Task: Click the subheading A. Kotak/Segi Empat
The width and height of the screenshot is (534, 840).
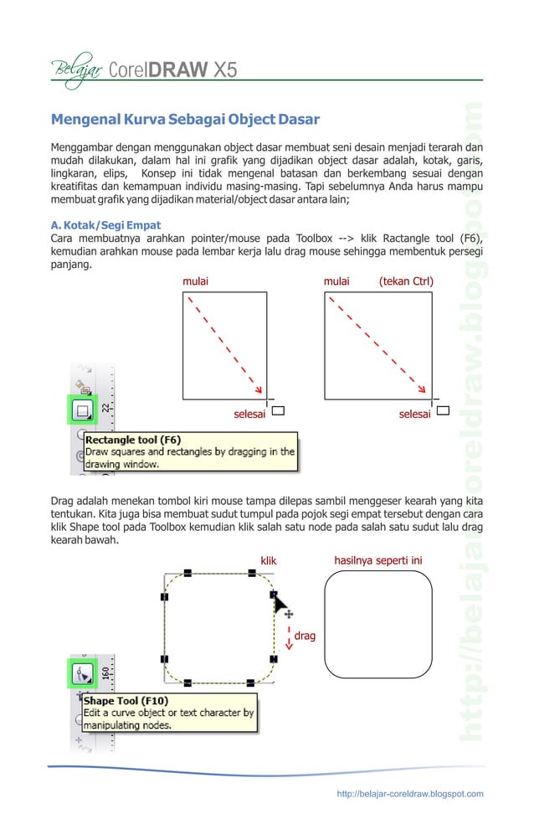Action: click(x=105, y=225)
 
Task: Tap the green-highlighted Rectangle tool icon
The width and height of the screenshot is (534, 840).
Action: click(x=83, y=410)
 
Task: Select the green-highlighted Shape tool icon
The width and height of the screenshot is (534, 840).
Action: click(x=83, y=673)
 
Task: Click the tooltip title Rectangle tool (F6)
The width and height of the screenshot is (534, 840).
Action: click(x=133, y=439)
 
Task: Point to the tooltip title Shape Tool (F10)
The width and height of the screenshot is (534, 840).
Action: click(x=126, y=700)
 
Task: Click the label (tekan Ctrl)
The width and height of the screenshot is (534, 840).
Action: click(x=406, y=281)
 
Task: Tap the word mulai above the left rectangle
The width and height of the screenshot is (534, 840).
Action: click(x=195, y=281)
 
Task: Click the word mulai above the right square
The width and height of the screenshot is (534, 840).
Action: click(x=336, y=281)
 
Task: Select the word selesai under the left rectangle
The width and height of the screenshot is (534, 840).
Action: click(x=249, y=414)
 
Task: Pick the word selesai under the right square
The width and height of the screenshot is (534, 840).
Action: click(x=415, y=414)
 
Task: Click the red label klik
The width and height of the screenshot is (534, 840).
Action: click(x=269, y=560)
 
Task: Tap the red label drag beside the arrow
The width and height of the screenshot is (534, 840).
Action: click(x=305, y=636)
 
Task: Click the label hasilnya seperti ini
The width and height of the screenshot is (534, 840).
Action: click(x=377, y=560)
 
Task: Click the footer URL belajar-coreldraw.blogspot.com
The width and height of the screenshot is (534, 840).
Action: click(x=409, y=794)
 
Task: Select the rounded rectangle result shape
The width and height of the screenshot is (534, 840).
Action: click(x=378, y=624)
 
